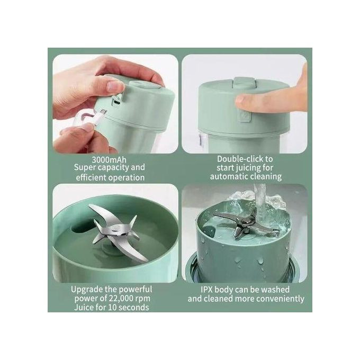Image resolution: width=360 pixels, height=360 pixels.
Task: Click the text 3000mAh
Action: coord(109,160)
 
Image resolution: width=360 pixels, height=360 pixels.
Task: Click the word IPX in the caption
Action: coord(208,290)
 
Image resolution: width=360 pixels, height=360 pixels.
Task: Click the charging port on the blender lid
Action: coord(116,101)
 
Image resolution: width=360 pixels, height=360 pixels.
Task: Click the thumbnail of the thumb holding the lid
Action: coord(116,85)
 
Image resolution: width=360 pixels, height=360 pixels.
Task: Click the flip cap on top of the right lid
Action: coord(244,82)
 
